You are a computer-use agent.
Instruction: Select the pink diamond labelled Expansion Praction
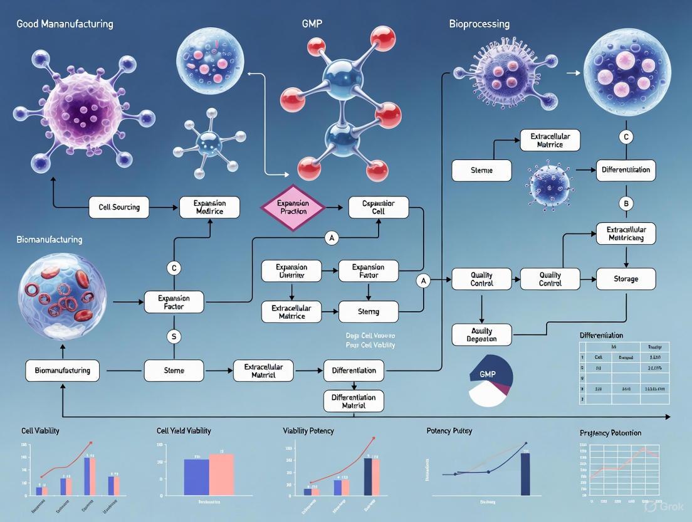point(293,207)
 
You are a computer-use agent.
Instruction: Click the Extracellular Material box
point(263,370)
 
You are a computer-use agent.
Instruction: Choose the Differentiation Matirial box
point(354,401)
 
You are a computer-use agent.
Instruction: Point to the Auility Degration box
point(481,334)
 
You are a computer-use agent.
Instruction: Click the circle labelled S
point(174,337)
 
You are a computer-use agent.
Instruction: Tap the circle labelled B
point(626,203)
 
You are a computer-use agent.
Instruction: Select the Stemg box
point(368,311)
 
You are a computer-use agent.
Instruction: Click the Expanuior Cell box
point(377,207)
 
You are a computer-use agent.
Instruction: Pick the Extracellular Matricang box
point(626,233)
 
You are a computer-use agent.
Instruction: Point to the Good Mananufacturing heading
point(65,24)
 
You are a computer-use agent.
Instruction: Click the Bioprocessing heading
point(479,24)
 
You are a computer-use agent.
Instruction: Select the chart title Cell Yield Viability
point(184,430)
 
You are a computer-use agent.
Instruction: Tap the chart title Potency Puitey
point(449,430)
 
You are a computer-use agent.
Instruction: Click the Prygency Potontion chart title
point(611,433)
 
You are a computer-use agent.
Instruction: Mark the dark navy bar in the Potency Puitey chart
point(525,474)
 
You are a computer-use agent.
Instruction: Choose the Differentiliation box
point(626,170)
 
